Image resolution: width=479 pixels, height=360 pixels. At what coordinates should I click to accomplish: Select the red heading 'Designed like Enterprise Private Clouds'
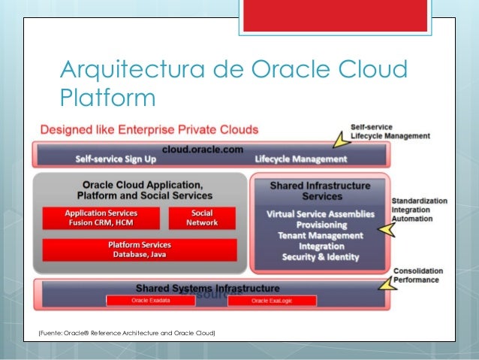click(149, 129)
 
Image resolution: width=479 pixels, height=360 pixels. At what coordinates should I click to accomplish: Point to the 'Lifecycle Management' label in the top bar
click(300, 159)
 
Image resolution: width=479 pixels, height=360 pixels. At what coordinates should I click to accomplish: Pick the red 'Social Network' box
click(203, 218)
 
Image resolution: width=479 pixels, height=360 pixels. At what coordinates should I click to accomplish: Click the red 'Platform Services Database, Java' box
click(140, 250)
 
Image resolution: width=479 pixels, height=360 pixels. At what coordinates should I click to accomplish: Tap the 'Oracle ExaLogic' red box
click(270, 301)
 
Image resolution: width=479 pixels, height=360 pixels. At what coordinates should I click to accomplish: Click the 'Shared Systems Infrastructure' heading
click(208, 288)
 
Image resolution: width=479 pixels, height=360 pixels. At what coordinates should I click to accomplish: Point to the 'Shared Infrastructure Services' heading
click(320, 190)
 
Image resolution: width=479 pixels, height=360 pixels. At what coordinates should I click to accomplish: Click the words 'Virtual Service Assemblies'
click(321, 214)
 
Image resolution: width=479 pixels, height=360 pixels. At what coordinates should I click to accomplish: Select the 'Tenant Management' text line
click(321, 235)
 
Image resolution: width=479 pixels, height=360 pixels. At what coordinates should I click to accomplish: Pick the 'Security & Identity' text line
click(321, 257)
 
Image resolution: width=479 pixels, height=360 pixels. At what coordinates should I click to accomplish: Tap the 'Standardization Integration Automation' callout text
click(419, 211)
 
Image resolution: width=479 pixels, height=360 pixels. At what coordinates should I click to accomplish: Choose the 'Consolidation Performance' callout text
click(417, 276)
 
